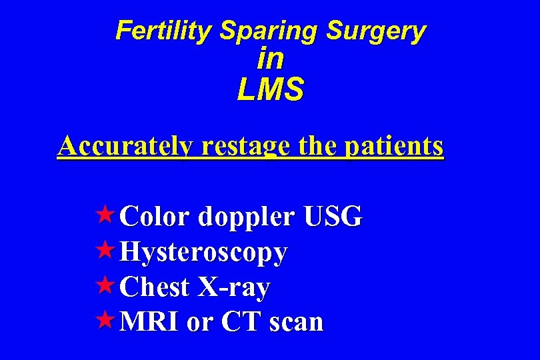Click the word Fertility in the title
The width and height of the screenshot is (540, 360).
165,31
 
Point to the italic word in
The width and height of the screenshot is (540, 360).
270,59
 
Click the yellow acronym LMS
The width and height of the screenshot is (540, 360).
270,89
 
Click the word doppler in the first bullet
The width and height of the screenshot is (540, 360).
246,217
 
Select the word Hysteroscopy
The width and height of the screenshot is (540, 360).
205,253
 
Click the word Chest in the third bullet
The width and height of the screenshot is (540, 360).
157,287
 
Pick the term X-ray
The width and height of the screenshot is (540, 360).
233,287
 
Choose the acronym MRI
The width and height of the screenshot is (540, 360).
152,322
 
